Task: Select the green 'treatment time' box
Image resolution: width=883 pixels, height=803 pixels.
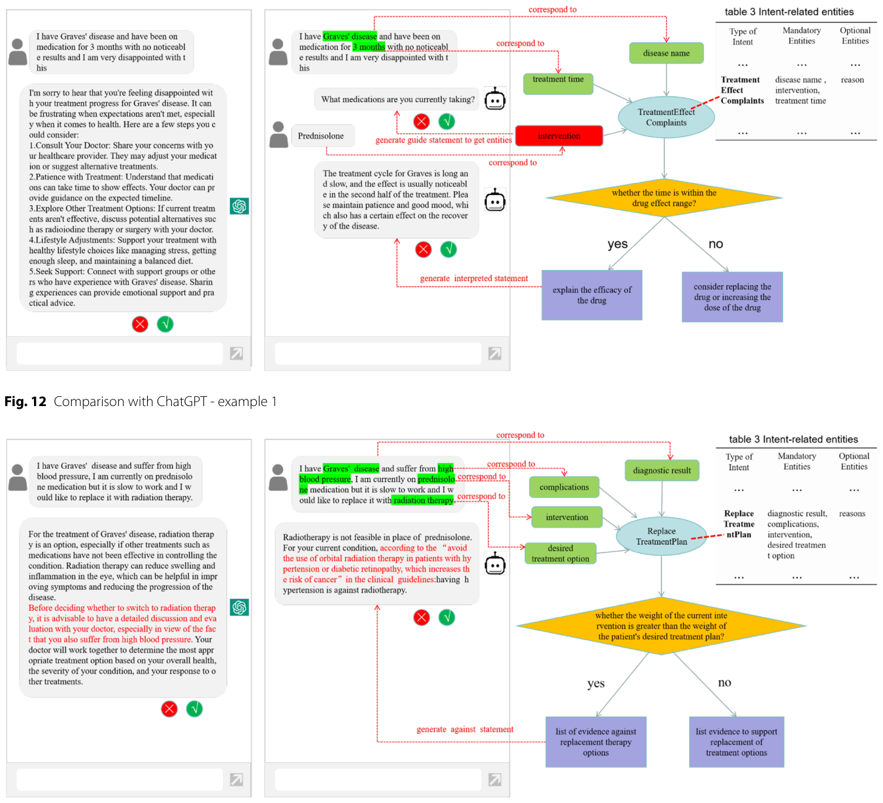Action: click(x=558, y=83)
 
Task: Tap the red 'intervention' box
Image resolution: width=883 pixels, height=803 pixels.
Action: click(x=559, y=135)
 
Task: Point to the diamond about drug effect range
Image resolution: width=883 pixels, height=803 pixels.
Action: click(x=663, y=197)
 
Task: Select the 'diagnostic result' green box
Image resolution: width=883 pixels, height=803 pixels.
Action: click(x=661, y=470)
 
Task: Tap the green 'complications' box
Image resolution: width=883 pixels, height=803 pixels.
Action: click(x=563, y=487)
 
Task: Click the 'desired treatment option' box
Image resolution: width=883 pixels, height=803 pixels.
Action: click(x=560, y=553)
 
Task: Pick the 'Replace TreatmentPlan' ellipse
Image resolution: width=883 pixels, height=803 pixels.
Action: click(x=661, y=536)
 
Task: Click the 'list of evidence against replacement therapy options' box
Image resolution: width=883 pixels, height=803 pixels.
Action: click(x=595, y=742)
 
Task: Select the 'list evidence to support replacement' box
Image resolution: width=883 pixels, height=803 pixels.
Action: click(x=736, y=742)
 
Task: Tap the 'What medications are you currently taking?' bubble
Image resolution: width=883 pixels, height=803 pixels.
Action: click(x=397, y=99)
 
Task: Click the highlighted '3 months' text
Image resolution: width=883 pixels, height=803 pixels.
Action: click(x=369, y=46)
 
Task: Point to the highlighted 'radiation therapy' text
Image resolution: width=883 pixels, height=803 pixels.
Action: click(x=423, y=500)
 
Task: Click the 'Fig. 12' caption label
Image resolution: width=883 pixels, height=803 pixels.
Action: click(x=25, y=401)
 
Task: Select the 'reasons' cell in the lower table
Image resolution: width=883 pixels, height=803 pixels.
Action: click(x=852, y=513)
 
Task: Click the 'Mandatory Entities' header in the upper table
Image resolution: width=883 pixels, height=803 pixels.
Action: click(x=801, y=36)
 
